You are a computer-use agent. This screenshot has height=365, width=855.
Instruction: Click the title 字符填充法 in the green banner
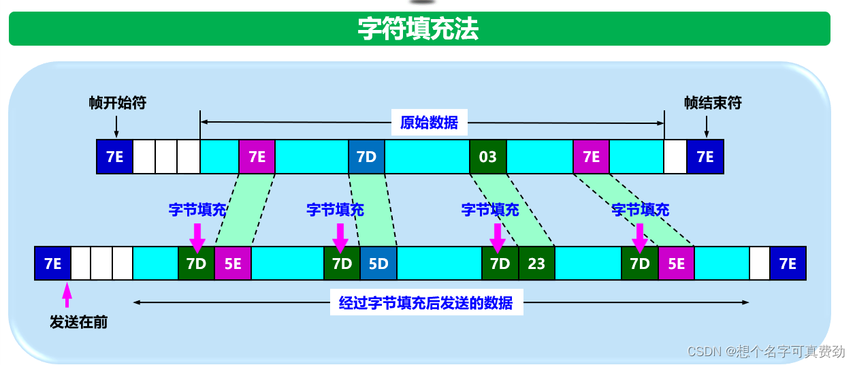[419, 29]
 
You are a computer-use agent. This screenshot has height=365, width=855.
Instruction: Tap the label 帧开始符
[117, 103]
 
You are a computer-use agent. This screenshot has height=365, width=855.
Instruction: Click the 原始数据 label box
[429, 123]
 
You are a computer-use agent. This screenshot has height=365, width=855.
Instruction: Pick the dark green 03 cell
[487, 157]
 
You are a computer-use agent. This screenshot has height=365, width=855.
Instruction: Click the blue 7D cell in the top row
[366, 157]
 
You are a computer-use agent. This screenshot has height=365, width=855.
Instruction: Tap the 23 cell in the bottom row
[536, 264]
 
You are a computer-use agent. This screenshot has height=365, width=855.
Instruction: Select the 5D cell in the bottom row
[378, 264]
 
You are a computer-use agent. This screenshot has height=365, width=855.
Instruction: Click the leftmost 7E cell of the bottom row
[52, 264]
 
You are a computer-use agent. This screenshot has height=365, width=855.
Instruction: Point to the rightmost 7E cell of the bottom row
[788, 264]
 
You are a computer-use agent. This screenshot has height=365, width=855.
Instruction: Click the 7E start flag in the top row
[114, 157]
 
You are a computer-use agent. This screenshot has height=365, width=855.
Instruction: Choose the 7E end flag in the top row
[705, 157]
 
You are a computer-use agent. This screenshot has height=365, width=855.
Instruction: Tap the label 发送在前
[78, 322]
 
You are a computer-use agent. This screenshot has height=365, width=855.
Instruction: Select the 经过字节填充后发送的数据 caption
[426, 302]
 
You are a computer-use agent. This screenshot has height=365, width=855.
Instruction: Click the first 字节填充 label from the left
[197, 210]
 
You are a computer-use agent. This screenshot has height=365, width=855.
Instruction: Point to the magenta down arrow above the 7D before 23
[498, 236]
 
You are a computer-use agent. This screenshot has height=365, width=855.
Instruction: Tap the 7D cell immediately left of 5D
[342, 264]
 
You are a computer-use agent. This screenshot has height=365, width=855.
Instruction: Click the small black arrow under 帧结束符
[707, 127]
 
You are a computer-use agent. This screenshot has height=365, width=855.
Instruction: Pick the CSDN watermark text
[766, 351]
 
